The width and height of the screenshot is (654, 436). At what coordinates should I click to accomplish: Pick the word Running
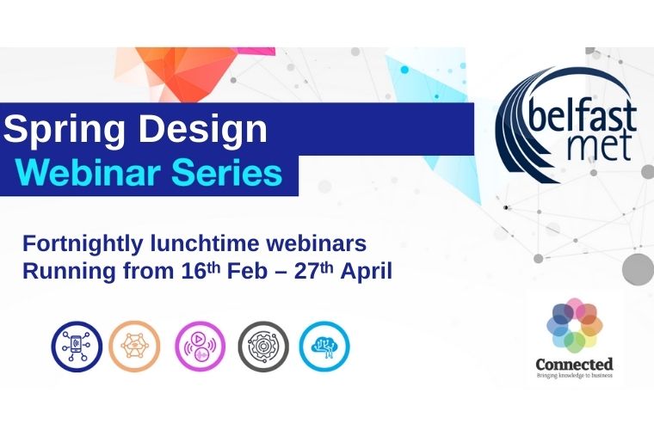63,271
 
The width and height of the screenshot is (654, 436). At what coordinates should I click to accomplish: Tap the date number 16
193,271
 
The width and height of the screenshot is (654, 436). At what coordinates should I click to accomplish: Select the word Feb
249,271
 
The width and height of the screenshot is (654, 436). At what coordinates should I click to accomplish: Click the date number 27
308,271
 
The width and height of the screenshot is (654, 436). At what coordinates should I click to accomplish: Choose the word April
366,271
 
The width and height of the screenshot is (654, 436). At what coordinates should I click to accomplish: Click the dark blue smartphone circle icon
76,346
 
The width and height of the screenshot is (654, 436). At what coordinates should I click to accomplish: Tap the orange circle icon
134,346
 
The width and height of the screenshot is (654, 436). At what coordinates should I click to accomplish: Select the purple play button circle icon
200,346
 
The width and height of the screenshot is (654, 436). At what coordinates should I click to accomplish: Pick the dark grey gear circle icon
263,346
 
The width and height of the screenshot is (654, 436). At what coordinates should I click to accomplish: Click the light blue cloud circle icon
324,346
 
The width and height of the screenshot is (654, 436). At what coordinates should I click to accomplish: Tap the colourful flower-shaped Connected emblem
575,324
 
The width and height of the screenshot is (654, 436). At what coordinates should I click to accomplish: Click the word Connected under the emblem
574,364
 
